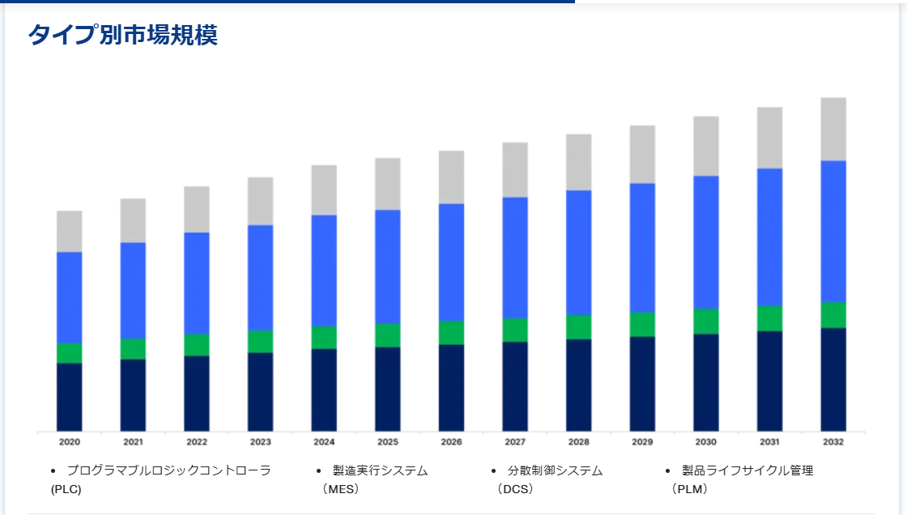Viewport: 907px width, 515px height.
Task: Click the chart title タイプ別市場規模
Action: tap(122, 35)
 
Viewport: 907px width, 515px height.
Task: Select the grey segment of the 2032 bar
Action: tap(833, 130)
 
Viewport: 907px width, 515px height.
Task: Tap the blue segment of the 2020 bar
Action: tap(69, 297)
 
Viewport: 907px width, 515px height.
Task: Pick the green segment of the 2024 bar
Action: tap(324, 337)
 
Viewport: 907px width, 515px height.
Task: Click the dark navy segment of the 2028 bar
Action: tap(578, 385)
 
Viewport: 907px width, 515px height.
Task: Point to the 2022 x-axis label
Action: tap(197, 442)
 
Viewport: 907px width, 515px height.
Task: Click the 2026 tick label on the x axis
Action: tap(451, 442)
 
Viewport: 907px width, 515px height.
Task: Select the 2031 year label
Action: tap(769, 442)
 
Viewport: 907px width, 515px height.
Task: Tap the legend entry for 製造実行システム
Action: tap(380, 470)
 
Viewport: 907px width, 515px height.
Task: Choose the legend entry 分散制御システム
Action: tap(555, 470)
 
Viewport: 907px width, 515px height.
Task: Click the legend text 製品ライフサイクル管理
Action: tap(747, 470)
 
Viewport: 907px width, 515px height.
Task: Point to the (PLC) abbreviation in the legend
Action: tap(66, 489)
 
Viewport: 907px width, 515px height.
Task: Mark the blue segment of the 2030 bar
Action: tap(706, 242)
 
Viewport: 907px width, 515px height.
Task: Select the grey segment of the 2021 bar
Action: tap(133, 220)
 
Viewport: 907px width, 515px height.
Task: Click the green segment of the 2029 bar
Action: tap(642, 324)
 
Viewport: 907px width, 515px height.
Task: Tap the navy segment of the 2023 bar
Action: tap(260, 391)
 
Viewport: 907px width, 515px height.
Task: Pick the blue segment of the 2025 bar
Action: tap(387, 266)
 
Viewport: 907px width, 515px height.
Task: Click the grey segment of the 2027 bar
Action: tap(515, 170)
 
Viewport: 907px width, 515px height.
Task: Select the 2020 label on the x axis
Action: tap(70, 442)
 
